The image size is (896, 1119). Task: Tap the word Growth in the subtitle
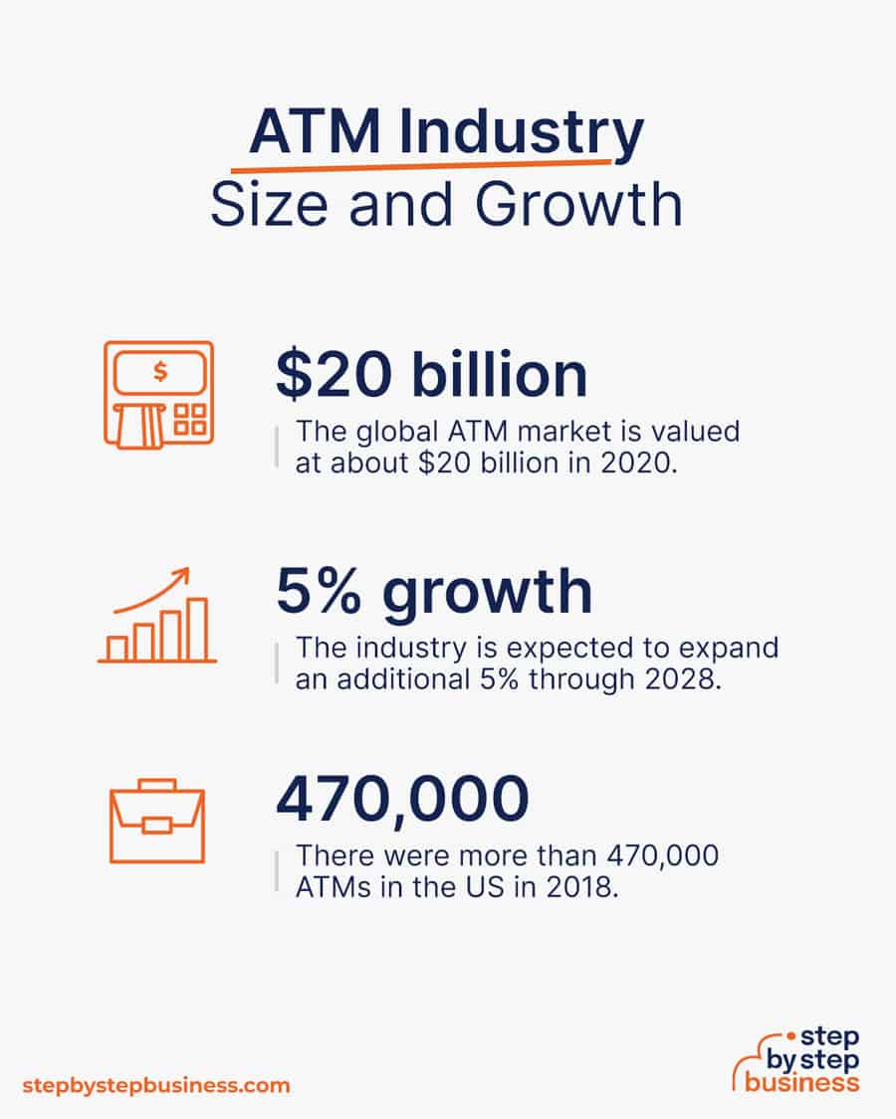click(x=578, y=205)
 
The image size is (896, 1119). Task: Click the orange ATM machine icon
click(x=158, y=395)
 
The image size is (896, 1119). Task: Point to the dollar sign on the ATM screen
click(x=160, y=371)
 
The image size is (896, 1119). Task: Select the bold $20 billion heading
click(x=431, y=374)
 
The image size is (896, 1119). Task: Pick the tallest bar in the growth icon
click(x=198, y=629)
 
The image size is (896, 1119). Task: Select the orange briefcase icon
click(x=157, y=822)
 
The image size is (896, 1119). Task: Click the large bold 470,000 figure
click(x=403, y=800)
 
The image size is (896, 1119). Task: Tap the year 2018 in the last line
click(x=581, y=887)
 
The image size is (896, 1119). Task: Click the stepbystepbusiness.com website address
click(x=156, y=1085)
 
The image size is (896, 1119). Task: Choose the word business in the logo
click(x=801, y=1082)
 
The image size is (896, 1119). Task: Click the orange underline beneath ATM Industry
click(x=421, y=166)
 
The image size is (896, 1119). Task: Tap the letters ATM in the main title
click(x=316, y=131)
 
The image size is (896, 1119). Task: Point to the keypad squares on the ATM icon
click(x=190, y=420)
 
